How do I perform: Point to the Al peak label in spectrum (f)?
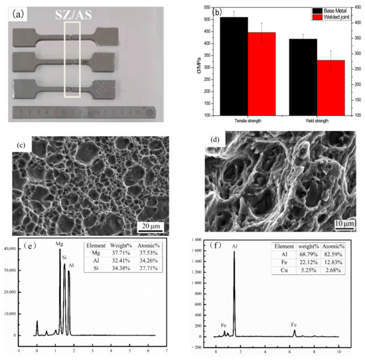point(234,246)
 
